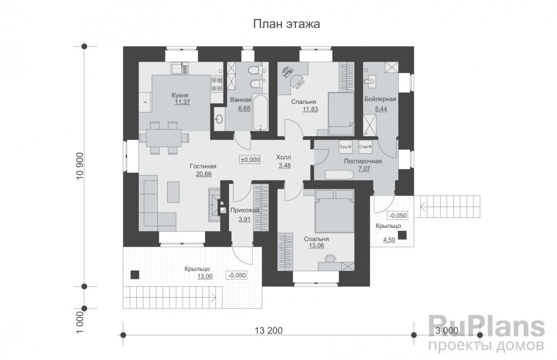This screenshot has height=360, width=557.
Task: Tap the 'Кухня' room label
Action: click(x=180, y=95)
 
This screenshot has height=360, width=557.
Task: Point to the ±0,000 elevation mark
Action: click(x=250, y=160)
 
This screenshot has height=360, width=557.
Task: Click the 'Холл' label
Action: click(x=283, y=158)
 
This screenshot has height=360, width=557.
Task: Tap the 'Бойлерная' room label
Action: click(x=380, y=99)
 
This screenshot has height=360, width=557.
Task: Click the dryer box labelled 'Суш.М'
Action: click(x=345, y=147)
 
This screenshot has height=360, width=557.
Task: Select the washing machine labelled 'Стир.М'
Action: click(x=365, y=147)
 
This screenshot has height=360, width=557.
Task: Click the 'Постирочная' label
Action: click(x=363, y=161)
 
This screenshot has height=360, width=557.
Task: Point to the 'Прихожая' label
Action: click(x=244, y=210)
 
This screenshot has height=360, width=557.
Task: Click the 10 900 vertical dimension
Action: click(x=79, y=166)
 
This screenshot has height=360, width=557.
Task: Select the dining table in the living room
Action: click(x=168, y=137)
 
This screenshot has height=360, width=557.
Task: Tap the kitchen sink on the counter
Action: click(x=179, y=67)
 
